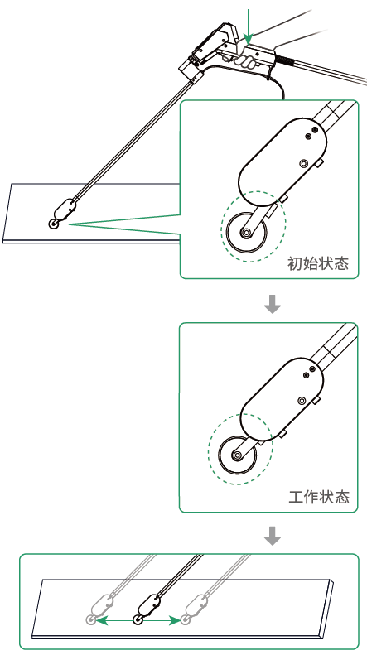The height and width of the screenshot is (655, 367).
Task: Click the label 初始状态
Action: point(317,263)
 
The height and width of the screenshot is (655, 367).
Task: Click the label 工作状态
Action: point(319,497)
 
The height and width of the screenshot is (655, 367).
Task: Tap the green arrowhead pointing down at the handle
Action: point(249,40)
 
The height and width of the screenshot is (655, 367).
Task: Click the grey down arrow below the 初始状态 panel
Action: point(273,304)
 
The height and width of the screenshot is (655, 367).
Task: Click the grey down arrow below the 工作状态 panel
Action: point(273,536)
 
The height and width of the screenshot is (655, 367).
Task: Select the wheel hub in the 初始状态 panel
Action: point(246,232)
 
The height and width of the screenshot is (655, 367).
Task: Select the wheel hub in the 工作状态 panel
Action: point(238,455)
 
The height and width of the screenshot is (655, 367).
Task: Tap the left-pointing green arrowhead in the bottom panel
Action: point(102,620)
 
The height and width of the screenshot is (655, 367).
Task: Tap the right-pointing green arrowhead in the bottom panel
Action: point(176,620)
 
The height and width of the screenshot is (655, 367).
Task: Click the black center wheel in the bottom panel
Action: point(138,620)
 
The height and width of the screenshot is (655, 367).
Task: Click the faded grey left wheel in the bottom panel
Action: point(90,619)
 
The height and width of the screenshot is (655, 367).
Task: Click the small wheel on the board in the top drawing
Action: point(54,224)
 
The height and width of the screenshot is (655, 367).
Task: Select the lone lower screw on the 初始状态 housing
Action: point(304,163)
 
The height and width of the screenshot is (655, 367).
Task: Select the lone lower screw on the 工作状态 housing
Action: point(302,401)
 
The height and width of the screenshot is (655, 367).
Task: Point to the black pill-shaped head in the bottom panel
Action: point(149,604)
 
